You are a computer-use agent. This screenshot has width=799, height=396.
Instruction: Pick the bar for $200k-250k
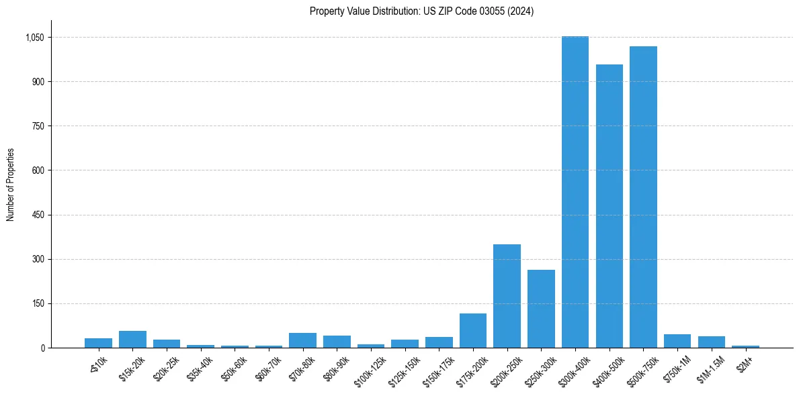pyautogui.click(x=507, y=296)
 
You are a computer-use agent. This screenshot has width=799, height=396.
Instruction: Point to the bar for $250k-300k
pyautogui.click(x=541, y=309)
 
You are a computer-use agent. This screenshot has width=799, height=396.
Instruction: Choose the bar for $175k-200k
pyautogui.click(x=472, y=330)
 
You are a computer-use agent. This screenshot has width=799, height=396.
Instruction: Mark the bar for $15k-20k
pyautogui.click(x=132, y=339)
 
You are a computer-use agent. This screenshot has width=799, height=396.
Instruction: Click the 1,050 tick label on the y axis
pyautogui.click(x=34, y=38)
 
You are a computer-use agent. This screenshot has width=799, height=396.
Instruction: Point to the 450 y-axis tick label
pyautogui.click(x=38, y=215)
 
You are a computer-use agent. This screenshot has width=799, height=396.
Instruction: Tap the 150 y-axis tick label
pyautogui.click(x=38, y=303)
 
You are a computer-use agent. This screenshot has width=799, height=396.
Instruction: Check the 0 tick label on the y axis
pyautogui.click(x=42, y=348)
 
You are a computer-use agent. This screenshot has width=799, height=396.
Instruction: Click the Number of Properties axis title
pyautogui.click(x=11, y=185)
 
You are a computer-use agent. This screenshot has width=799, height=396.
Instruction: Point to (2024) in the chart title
pyautogui.click(x=519, y=11)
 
